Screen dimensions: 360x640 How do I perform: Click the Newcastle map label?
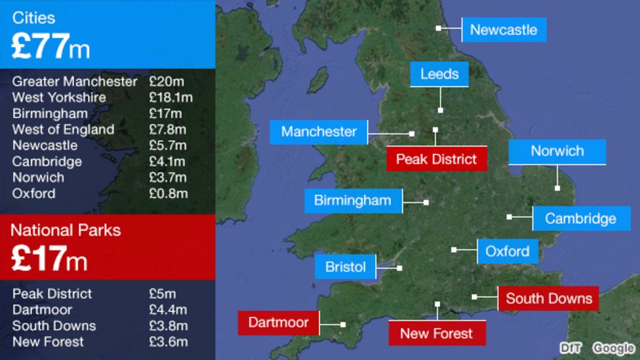point(504,30)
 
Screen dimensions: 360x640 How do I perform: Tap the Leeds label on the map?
point(439,74)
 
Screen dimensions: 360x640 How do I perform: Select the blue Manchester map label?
point(319,132)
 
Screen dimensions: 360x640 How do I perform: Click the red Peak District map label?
point(437,159)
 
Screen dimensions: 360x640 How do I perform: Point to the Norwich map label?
point(557,151)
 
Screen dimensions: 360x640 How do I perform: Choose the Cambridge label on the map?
point(580,218)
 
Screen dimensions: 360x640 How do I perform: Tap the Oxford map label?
point(508,251)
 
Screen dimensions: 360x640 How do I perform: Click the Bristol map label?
point(346,267)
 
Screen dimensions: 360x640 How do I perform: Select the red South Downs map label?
point(549,299)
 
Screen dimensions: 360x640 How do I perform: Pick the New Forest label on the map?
point(437,333)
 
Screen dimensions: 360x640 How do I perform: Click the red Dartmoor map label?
point(279,323)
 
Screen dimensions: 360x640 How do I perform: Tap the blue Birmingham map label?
point(352,201)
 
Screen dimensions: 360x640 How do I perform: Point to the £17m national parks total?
point(49,260)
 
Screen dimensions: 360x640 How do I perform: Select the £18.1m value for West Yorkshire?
point(170,98)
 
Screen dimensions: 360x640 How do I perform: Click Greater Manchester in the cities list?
point(75,82)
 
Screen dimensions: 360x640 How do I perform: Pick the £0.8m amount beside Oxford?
point(168,193)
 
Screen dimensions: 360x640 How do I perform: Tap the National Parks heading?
point(66,230)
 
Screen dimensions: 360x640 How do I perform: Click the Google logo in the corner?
point(614,348)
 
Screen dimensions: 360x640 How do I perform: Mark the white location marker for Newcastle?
point(439,28)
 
